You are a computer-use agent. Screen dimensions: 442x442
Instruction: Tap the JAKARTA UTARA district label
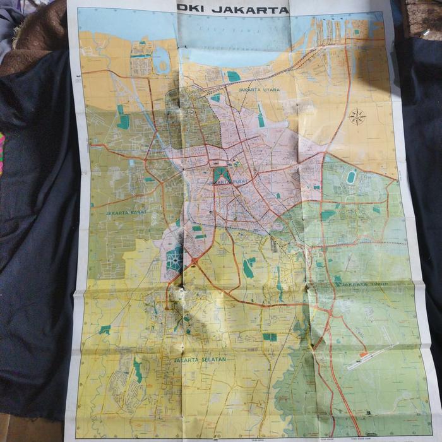(x=259, y=90)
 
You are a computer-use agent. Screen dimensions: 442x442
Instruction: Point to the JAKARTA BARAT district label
(x=126, y=213)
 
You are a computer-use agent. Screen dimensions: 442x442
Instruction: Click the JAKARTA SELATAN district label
(x=200, y=359)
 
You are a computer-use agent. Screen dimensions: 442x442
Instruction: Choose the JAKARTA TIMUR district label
(x=364, y=285)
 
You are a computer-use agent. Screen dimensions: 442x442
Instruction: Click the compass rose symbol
(x=357, y=116)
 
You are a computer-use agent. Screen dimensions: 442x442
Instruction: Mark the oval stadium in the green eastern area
(x=351, y=177)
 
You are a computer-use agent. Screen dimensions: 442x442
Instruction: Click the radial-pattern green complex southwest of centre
(x=174, y=258)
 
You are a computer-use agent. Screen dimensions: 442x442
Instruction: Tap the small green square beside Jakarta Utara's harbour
(x=234, y=76)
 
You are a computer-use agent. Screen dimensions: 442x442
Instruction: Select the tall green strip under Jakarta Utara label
(x=261, y=116)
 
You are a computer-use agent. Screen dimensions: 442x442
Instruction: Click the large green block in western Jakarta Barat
(x=123, y=121)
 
